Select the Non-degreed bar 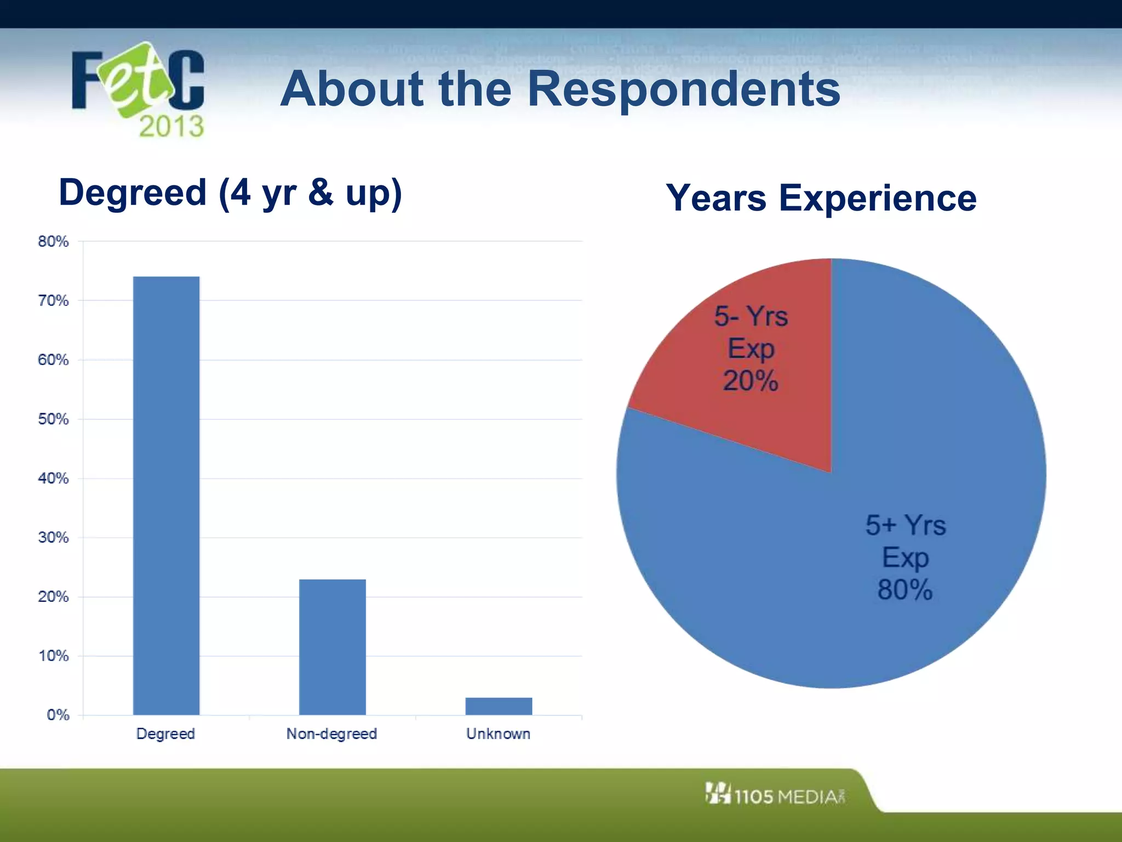coord(332,647)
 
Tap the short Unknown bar coord(499,706)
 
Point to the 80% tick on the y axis coord(53,242)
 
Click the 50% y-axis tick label coord(53,419)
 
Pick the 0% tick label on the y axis coord(58,715)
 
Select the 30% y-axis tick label coord(53,538)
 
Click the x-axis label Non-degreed coord(331,734)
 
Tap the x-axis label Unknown coord(498,734)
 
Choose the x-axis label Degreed coord(165,734)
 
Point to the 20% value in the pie coord(751,380)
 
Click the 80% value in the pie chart coord(905,590)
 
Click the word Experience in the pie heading coord(878,198)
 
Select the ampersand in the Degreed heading coord(320,193)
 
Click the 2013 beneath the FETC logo coord(171,127)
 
